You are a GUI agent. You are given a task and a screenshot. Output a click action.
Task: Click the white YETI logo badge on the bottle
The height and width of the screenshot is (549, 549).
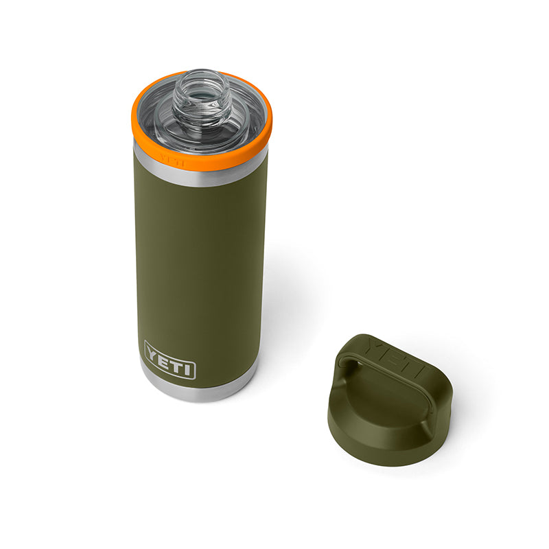pyautogui.click(x=170, y=360)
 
